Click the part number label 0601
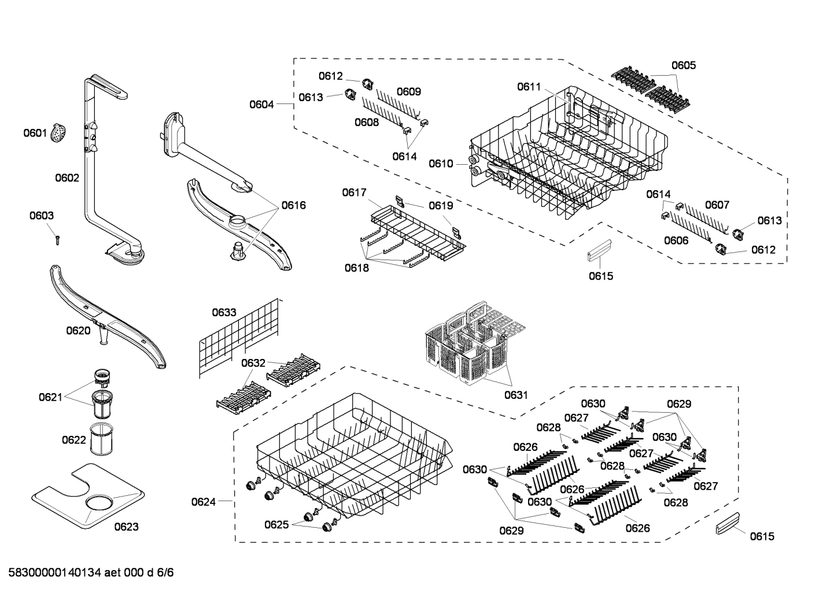tap(35, 134)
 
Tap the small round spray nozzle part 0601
tap(58, 134)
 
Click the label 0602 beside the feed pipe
tap(67, 178)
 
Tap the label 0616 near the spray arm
tap(294, 205)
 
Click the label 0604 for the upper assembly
tap(261, 104)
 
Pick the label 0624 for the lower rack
tap(204, 502)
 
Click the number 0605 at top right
tap(684, 65)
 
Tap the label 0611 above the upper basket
tap(529, 87)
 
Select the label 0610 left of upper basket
tap(441, 164)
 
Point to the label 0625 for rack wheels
tap(276, 524)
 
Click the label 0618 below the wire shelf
tap(357, 268)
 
